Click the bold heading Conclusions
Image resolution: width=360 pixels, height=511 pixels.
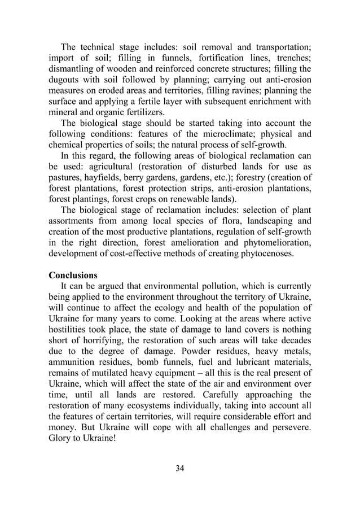pos(73,276)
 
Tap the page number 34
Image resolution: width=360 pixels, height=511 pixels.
pos(180,468)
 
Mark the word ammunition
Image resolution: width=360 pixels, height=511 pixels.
pos(75,377)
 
